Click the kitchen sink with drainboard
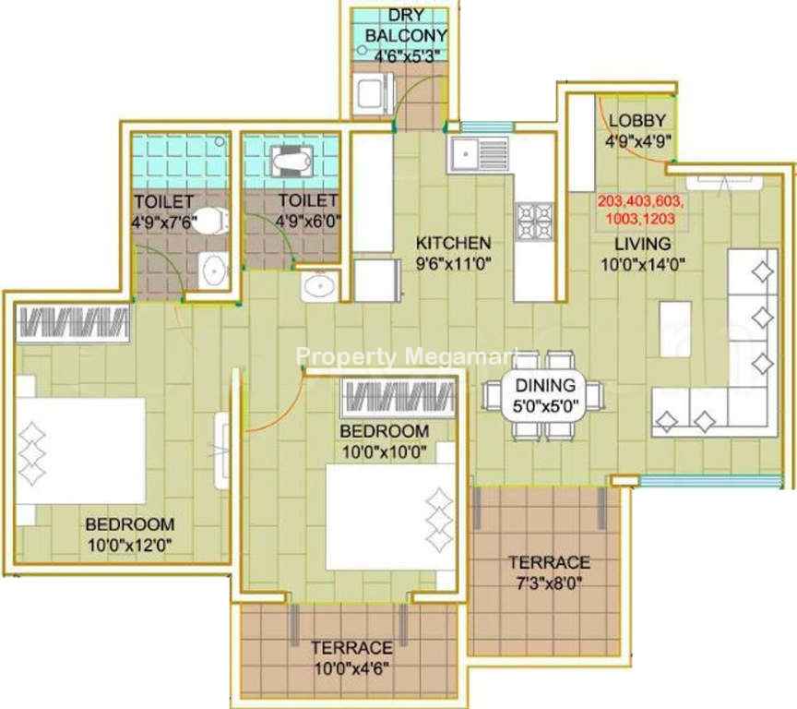tap(479, 153)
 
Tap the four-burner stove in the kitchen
tap(535, 221)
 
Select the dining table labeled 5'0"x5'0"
tap(545, 395)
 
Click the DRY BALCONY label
tap(406, 26)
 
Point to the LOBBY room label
tap(637, 121)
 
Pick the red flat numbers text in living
tap(640, 210)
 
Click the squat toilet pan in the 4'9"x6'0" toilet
tap(291, 162)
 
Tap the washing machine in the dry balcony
tap(374, 93)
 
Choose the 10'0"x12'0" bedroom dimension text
tap(130, 546)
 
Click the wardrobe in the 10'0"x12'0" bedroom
tap(73, 323)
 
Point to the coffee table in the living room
tap(675, 329)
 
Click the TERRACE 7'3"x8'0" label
tap(550, 572)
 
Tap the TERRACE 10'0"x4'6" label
tap(351, 657)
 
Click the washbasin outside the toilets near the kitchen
tap(320, 286)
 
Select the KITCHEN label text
tap(454, 243)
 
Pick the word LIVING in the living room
tap(643, 244)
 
